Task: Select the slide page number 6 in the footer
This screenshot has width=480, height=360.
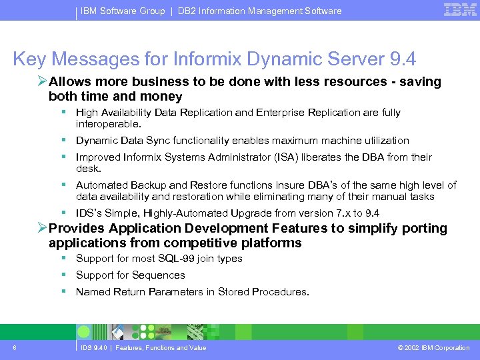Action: pyautogui.click(x=15, y=347)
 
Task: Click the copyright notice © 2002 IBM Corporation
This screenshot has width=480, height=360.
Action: pyautogui.click(x=433, y=347)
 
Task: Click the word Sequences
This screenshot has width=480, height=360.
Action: pyautogui.click(x=158, y=275)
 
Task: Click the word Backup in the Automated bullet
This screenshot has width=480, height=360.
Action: pyautogui.click(x=142, y=185)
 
